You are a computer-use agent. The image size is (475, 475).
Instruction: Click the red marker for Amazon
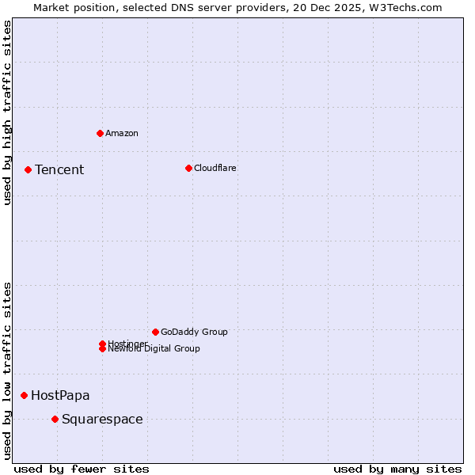tap(100, 133)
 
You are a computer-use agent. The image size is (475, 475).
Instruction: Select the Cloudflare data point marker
tap(188, 168)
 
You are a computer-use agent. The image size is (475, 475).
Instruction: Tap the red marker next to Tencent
tap(28, 169)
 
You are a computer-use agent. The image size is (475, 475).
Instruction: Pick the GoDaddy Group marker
tap(155, 332)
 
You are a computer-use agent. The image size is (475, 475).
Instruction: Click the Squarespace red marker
tap(55, 419)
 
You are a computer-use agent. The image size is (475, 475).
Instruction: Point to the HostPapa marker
tap(24, 395)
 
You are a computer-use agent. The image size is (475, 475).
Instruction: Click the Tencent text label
tap(59, 169)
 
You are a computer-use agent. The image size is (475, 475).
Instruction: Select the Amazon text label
tap(122, 133)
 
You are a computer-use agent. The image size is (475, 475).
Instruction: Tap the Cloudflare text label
tap(215, 168)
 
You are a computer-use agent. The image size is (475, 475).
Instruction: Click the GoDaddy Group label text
tap(194, 332)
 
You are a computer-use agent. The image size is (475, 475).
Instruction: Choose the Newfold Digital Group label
tap(154, 349)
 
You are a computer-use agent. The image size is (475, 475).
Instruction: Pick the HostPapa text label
tap(60, 395)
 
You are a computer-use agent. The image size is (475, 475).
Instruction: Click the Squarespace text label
tap(102, 419)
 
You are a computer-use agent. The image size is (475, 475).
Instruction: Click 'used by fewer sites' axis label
tap(82, 469)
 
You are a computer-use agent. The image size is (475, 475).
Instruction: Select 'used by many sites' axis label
tap(397, 469)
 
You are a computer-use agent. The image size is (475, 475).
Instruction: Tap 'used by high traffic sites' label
tap(7, 112)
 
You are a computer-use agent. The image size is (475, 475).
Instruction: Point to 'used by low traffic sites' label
tap(7, 370)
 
